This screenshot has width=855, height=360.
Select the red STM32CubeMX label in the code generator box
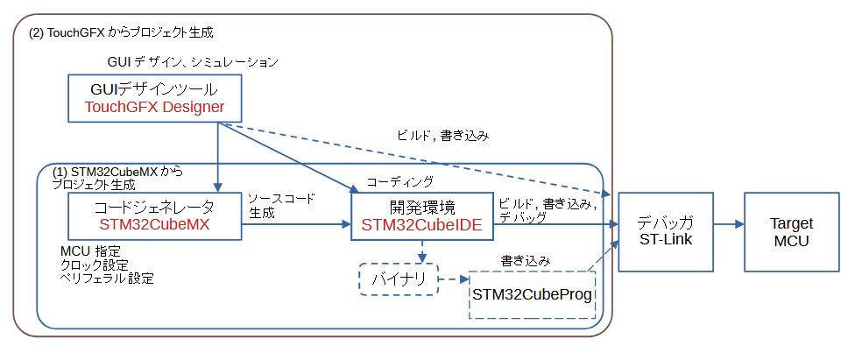(154, 224)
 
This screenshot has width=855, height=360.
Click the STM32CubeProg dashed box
(533, 294)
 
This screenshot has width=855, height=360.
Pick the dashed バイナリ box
(399, 280)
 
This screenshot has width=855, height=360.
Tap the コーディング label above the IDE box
(399, 182)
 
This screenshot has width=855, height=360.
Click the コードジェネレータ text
(154, 207)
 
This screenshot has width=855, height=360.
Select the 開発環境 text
(421, 207)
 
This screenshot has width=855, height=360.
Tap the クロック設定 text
(94, 265)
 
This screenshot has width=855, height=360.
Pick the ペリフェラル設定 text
(106, 279)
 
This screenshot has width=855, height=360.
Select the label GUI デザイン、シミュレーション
(192, 62)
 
